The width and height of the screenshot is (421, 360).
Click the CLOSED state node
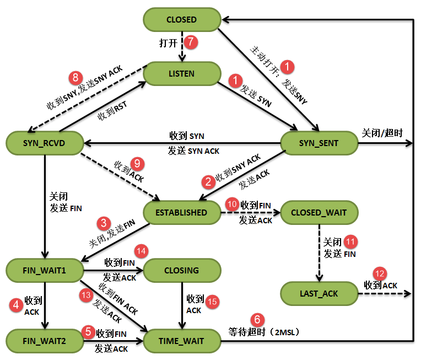(x=181, y=19)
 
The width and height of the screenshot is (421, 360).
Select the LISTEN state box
(x=181, y=73)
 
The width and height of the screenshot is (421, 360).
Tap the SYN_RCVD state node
(x=44, y=143)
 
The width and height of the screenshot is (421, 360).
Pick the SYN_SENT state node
(x=319, y=143)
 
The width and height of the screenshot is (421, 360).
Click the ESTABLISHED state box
(x=181, y=212)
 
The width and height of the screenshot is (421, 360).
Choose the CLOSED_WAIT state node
(x=319, y=212)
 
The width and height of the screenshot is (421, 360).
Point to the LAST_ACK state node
(x=319, y=293)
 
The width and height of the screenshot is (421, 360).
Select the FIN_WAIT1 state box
(x=44, y=270)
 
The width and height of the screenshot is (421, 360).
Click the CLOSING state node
(x=181, y=270)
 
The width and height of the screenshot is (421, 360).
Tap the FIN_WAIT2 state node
(x=44, y=341)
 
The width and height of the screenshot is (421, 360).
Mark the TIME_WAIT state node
(x=181, y=341)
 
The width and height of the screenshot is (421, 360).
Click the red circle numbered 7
(x=191, y=42)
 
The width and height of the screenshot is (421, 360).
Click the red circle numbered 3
(x=103, y=223)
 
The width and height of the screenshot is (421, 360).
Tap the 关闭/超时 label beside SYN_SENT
(x=382, y=133)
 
